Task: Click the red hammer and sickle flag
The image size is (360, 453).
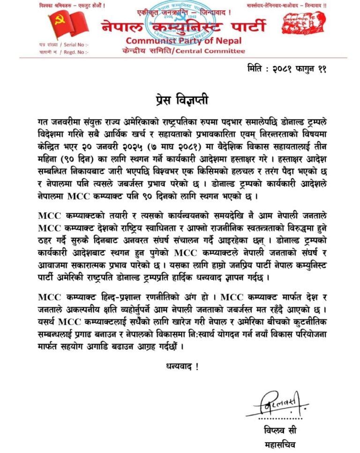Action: [64, 25]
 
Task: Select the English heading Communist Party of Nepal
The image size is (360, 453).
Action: [180, 41]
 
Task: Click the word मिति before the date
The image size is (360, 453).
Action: [256, 69]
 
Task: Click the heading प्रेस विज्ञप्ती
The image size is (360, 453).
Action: [180, 100]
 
